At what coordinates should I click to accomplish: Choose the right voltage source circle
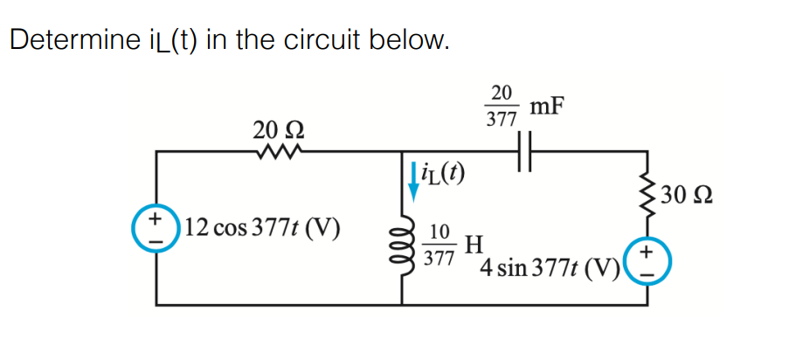pyautogui.click(x=647, y=261)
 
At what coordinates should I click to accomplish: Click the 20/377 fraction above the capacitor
pyautogui.click(x=501, y=106)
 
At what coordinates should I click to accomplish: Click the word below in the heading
pyautogui.click(x=412, y=40)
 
